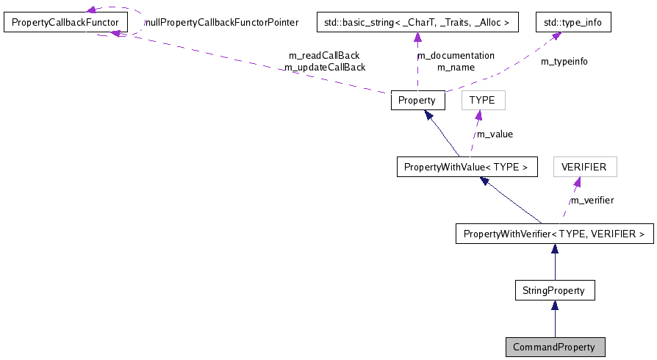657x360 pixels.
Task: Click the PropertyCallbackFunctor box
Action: [x=65, y=23]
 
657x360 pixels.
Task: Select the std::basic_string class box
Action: [x=417, y=23]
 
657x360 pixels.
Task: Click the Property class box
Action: [x=417, y=101]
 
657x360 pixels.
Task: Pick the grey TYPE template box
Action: [x=483, y=101]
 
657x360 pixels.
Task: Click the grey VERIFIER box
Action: [x=584, y=167]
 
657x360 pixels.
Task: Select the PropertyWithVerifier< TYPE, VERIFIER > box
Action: [x=554, y=234]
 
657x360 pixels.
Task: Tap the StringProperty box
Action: [x=554, y=290]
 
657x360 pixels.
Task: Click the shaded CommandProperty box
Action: [x=554, y=347]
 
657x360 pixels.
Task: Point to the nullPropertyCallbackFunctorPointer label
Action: [x=221, y=23]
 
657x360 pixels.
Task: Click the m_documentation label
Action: [x=456, y=55]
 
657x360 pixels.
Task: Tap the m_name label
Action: [x=456, y=67]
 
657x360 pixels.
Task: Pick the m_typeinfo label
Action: [x=564, y=62]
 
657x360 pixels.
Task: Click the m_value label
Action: [x=495, y=134]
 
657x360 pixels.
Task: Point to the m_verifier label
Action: [x=592, y=200]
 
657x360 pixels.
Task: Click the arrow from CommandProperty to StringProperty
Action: [x=554, y=319]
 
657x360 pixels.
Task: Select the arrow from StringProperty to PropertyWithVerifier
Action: [x=554, y=262]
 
